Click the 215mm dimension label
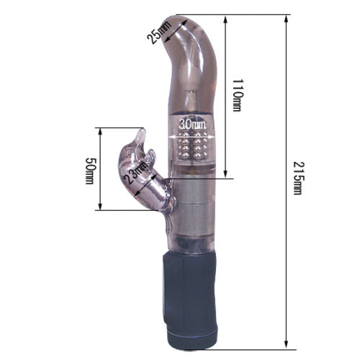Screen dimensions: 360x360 297,178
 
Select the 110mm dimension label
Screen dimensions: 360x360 237,95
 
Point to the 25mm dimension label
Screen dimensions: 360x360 159,32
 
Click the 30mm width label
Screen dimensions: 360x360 192,125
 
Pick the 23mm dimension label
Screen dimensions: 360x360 135,173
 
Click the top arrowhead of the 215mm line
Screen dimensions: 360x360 286,19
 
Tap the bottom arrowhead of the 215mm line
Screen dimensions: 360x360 286,345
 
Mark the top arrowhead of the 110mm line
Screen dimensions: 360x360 225,19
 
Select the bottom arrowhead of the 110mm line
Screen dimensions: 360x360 225,174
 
